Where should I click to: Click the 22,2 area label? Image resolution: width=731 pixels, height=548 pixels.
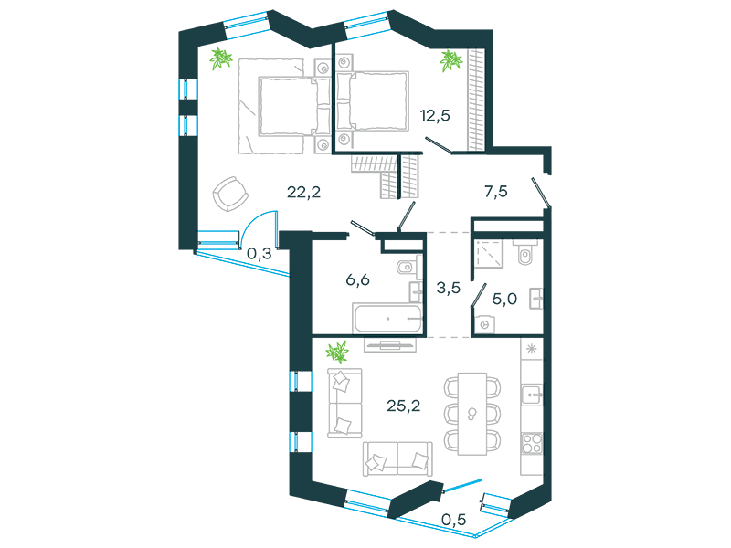click(303, 192)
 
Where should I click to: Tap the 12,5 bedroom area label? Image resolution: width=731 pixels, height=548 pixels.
click(435, 115)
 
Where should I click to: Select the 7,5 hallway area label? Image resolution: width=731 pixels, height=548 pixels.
click(496, 191)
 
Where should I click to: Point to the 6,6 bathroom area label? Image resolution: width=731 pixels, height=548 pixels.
click(357, 279)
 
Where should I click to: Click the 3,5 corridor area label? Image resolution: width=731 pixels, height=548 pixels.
click(448, 288)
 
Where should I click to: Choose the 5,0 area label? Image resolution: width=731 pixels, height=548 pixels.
click(504, 299)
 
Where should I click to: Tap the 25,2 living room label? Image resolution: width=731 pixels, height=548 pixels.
click(403, 406)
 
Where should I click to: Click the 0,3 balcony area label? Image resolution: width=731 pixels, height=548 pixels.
click(259, 254)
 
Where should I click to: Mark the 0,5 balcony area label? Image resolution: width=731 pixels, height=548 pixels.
click(453, 520)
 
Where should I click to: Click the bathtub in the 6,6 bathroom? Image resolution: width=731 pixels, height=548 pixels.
click(387, 319)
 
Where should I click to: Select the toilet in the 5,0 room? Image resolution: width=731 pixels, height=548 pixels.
click(525, 252)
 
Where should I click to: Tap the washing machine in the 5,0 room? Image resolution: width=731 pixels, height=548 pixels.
click(485, 324)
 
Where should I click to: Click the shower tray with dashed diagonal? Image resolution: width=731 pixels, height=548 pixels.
click(489, 254)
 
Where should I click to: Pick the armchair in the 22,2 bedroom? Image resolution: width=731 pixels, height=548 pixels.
click(230, 194)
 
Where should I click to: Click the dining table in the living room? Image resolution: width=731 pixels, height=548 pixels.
click(472, 414)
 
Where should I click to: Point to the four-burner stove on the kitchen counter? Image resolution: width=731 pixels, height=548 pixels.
click(532, 443)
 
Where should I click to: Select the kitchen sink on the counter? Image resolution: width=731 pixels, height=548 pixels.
click(532, 395)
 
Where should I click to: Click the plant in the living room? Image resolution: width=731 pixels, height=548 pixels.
click(337, 352)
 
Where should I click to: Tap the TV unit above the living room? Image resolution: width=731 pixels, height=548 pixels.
click(390, 346)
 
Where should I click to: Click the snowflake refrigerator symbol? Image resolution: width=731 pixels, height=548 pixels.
click(532, 349)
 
